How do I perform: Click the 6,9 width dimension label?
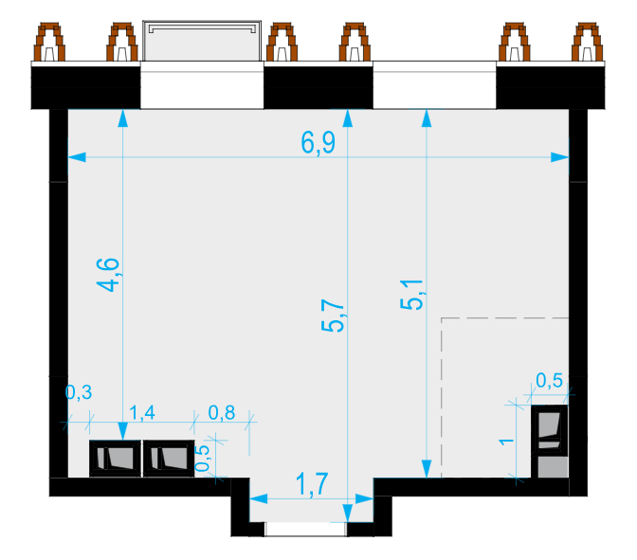coord(318,143)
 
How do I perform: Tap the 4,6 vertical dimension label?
coord(108,275)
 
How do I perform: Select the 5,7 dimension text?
coord(333,316)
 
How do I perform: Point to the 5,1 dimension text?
coord(411,295)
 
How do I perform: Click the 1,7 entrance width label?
coord(312,484)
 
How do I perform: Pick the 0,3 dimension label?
coord(79,392)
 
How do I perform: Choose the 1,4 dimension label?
coord(142,412)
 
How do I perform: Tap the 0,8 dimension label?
coord(222,412)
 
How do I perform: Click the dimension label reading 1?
coord(506,442)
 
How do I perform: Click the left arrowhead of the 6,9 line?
coord(77,157)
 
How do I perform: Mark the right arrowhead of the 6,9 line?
coord(560,157)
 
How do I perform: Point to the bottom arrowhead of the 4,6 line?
coord(122,431)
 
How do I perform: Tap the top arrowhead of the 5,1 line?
coord(427,118)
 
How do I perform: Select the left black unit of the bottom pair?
coord(116,459)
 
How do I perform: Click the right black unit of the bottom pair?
coord(169,459)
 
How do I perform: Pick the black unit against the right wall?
coord(550,430)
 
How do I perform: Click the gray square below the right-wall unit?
coord(553,467)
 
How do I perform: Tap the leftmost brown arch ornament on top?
coord(49,42)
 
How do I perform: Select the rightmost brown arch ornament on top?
coord(587,42)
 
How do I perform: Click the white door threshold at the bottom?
coord(305,530)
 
